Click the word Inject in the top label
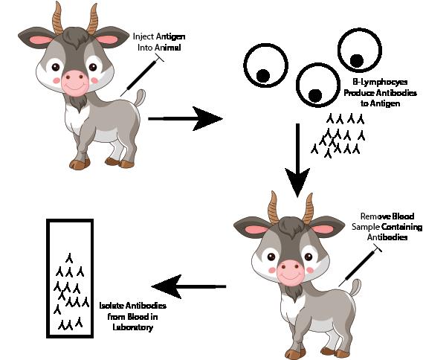[x=143, y=36]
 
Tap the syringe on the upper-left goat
[x=142, y=75]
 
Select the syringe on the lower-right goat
[x=360, y=266]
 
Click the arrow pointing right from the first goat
[x=185, y=118]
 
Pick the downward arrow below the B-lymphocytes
[x=297, y=161]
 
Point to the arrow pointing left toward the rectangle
[x=189, y=286]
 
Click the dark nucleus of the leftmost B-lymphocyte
[x=262, y=76]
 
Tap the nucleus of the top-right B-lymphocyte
[x=357, y=61]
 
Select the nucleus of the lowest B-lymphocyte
[x=315, y=95]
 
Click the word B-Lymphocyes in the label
[x=380, y=83]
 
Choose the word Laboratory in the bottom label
[x=133, y=327]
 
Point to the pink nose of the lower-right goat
[x=290, y=271]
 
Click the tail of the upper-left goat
[x=140, y=97]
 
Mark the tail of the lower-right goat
[x=355, y=288]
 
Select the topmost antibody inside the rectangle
[x=69, y=258]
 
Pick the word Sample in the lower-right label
[x=366, y=227]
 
